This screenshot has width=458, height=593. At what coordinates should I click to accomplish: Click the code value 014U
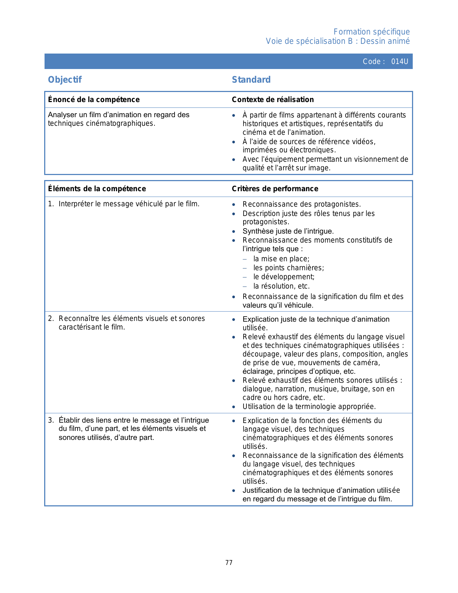[x=399, y=61]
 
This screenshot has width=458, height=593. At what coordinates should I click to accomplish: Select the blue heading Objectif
[x=65, y=79]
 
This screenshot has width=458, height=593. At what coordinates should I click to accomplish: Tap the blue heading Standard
[x=251, y=79]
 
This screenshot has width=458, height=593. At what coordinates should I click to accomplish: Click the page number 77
[x=229, y=562]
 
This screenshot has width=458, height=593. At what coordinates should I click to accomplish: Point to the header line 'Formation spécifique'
[x=371, y=32]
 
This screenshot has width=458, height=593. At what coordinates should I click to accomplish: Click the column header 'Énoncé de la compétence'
[x=94, y=100]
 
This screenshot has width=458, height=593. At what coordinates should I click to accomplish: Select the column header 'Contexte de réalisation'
[x=273, y=100]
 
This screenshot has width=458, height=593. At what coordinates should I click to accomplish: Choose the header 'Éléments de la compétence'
[x=97, y=189]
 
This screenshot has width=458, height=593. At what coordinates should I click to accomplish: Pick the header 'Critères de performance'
[x=275, y=189]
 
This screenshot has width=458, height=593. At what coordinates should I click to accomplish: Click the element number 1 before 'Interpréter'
[x=51, y=204]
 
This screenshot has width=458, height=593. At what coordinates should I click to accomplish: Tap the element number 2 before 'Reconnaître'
[x=51, y=318]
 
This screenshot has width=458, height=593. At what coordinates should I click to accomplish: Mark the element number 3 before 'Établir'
[x=51, y=420]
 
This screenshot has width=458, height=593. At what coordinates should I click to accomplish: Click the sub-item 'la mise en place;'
[x=281, y=259]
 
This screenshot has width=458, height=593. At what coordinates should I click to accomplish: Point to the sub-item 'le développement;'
[x=284, y=277]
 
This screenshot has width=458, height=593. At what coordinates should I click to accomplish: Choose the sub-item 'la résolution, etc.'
[x=281, y=286]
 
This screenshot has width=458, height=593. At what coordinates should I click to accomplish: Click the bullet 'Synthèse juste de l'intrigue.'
[x=288, y=231]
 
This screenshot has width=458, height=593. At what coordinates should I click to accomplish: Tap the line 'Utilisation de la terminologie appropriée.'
[x=309, y=406]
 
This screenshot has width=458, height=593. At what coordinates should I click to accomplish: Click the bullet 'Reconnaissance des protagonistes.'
[x=301, y=204]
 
